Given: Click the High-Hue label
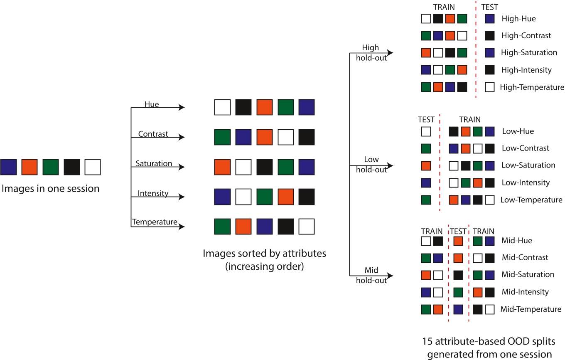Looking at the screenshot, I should tap(518, 19).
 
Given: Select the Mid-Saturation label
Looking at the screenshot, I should tap(528, 274).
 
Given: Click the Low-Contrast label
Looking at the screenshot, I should tap(526, 148).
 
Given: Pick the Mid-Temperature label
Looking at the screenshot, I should tap(531, 309).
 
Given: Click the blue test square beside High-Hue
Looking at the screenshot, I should tap(490, 19).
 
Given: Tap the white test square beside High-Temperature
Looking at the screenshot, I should tap(490, 87).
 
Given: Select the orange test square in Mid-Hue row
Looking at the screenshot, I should tap(458, 240).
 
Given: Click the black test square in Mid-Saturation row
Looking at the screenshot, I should tap(458, 275).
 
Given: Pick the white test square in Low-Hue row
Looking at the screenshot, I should tap(426, 131).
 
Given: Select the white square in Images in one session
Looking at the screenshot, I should tap(93, 167).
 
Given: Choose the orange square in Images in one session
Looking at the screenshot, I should tap(29, 167).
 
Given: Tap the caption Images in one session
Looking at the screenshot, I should tap(51, 188).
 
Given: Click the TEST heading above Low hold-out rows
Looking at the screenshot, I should tap(426, 120).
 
